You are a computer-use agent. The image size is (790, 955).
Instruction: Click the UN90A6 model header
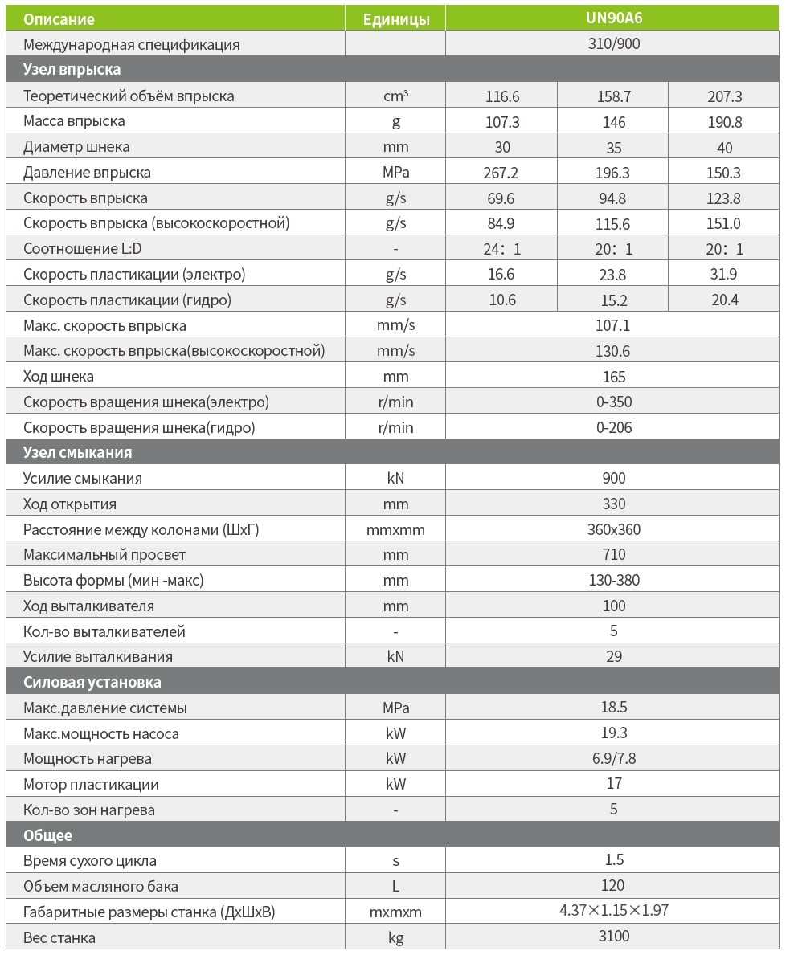613,18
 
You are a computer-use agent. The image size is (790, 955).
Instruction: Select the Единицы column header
395,19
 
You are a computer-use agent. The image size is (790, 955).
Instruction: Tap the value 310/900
613,44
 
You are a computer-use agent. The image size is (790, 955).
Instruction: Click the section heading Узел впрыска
72,70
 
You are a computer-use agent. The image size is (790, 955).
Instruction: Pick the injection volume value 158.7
613,96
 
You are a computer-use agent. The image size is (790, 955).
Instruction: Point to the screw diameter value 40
724,147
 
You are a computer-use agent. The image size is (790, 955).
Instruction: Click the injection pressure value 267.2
502,173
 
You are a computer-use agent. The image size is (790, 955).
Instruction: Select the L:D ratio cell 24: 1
502,249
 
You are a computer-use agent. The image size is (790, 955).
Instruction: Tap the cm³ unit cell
395,96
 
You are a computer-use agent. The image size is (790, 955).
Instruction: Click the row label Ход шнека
59,377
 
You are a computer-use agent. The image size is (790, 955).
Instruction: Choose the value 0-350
613,402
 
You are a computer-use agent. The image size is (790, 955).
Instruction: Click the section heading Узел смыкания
77,452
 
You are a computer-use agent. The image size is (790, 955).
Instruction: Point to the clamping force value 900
613,478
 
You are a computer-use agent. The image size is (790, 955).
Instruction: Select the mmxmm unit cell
395,530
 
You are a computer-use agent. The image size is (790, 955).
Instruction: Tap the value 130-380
613,580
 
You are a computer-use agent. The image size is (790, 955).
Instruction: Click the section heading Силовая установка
92,682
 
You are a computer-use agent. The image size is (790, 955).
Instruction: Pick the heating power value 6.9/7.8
613,758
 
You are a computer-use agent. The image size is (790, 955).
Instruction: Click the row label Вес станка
59,937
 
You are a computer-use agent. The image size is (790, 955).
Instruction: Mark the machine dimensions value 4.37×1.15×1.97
613,911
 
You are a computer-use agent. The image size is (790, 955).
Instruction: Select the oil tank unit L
395,886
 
